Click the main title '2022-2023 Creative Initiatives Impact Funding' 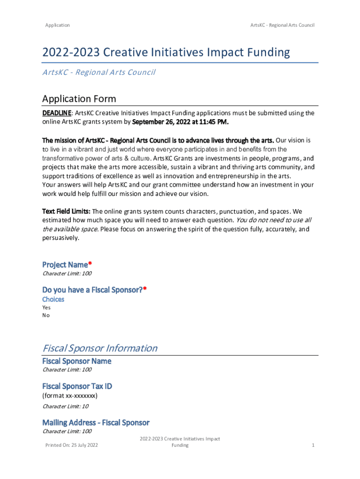pos(166,53)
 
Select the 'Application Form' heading pos(79,99)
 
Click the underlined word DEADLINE pos(57,113)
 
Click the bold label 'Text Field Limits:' pos(66,211)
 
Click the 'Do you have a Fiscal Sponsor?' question pos(93,290)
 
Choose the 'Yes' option pos(47,307)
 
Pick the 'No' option pos(46,315)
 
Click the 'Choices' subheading pos(53,299)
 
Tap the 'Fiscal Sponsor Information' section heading pos(100,348)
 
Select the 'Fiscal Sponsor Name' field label pos(77,361)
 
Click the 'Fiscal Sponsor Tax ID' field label pos(77,386)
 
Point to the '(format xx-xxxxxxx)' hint pos(70,396)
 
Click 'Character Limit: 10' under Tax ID pos(65,406)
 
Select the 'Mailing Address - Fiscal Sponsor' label pos(96,422)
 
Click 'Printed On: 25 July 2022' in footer pos(72,445)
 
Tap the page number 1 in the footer pos(313,445)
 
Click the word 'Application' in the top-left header pos(58,25)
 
